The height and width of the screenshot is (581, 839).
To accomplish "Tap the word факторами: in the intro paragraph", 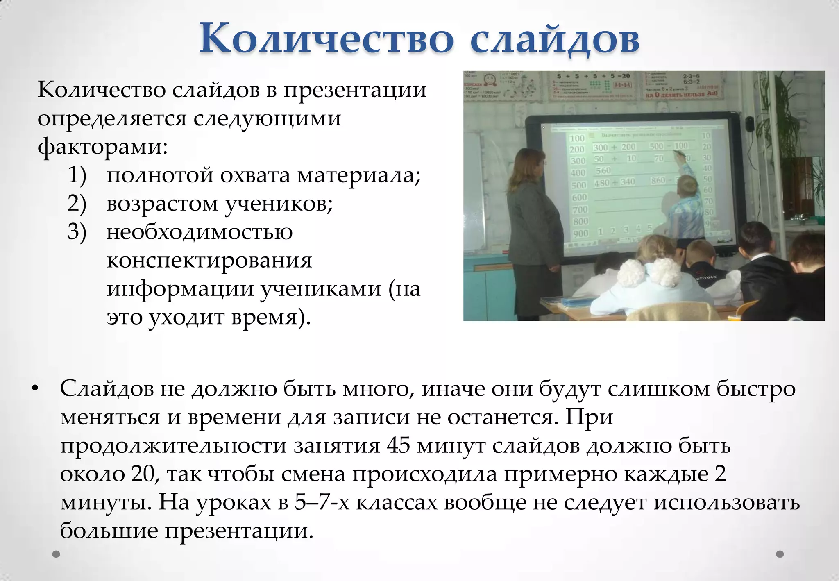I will (102, 146).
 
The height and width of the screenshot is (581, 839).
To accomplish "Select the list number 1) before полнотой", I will (77, 175).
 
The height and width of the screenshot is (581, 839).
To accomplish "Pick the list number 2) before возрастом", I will (77, 204).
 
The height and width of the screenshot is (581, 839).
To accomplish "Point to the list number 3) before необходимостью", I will (77, 232).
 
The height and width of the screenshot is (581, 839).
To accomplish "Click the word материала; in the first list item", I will (359, 175).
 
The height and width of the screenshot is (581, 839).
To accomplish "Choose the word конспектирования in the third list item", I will (209, 261).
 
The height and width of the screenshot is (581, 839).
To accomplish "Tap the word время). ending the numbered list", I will (271, 317).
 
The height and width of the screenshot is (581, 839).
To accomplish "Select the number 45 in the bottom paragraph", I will (398, 445).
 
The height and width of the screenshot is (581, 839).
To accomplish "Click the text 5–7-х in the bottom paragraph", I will (322, 502).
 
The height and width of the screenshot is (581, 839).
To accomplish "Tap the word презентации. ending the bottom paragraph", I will (239, 531).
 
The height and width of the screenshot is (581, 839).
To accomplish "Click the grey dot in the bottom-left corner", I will (56, 554).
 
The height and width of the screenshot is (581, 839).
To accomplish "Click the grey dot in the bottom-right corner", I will (780, 554).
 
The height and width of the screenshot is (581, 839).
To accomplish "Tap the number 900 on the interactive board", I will (580, 234).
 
